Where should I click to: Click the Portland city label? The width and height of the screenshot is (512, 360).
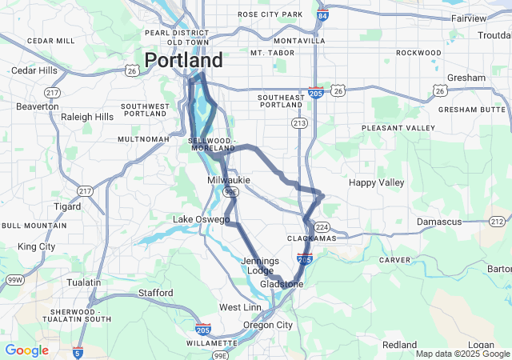(x=183, y=61)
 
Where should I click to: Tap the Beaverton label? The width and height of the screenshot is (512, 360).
(x=38, y=106)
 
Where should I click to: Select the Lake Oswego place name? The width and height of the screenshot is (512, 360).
(x=202, y=219)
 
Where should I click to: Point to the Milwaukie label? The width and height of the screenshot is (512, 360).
(x=229, y=181)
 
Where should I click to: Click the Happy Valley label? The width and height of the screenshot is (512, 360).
(x=377, y=182)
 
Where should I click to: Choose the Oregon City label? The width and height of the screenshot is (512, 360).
(x=268, y=325)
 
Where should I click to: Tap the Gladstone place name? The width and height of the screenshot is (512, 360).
(x=282, y=284)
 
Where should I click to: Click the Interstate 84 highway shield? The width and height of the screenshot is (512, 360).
(x=322, y=15)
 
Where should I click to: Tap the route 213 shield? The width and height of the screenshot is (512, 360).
(x=299, y=122)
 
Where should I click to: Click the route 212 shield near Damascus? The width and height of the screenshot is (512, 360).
(x=498, y=221)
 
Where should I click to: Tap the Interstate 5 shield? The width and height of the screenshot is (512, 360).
(x=78, y=351)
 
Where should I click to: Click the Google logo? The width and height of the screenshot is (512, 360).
(x=26, y=350)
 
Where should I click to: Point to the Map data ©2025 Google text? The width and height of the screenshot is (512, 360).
(x=462, y=354)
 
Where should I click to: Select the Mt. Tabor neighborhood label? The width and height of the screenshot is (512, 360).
(x=267, y=53)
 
